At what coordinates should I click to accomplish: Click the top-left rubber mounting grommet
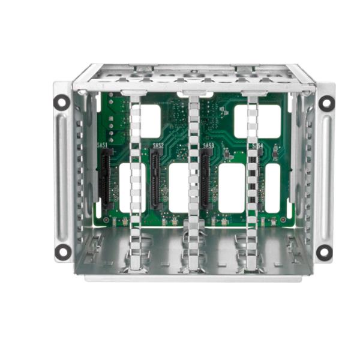pos(61,102)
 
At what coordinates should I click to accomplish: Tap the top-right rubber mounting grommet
pos(325,103)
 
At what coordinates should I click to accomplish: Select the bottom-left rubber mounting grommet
pos(62,251)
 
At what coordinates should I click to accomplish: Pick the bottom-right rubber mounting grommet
pos(325,252)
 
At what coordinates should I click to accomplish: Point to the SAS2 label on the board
pos(158,145)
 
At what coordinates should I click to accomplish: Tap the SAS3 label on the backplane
pos(209,145)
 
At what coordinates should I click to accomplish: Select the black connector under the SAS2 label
pos(155,178)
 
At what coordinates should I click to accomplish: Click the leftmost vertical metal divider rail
pos(135,180)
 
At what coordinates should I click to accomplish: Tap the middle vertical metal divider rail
pos(194,180)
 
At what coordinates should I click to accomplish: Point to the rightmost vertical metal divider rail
pos(253,180)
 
